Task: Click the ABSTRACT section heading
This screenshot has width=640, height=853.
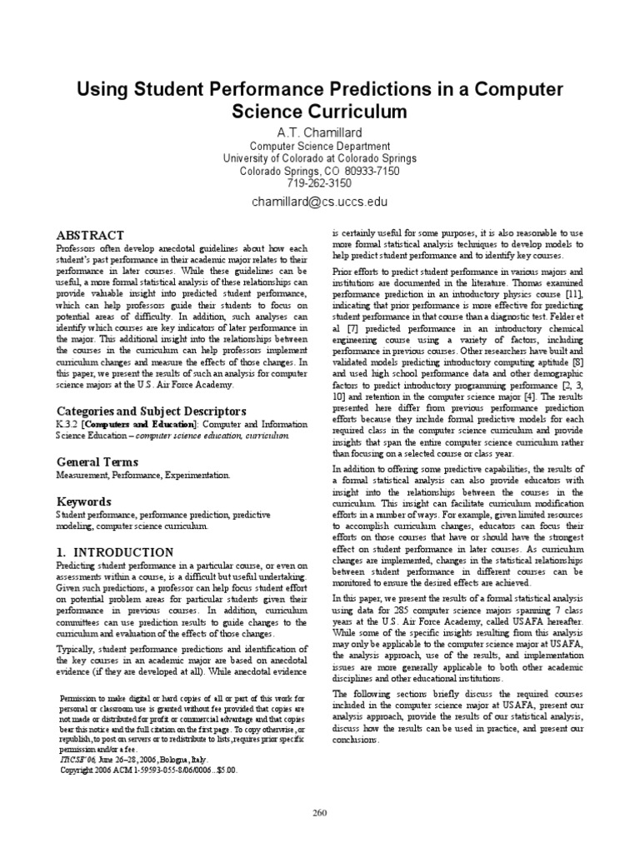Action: [90, 236]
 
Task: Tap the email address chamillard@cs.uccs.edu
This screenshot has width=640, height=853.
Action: [320, 202]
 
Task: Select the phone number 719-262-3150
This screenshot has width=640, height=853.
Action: [320, 182]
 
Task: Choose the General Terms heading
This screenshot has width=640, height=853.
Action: [97, 461]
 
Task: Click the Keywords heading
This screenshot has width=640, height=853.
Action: [82, 501]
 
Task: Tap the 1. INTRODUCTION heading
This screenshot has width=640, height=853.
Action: [114, 552]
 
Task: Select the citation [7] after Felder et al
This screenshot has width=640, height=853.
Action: [350, 330]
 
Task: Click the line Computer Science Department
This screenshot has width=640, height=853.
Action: [320, 145]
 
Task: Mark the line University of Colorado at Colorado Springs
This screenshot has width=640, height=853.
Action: [320, 157]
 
